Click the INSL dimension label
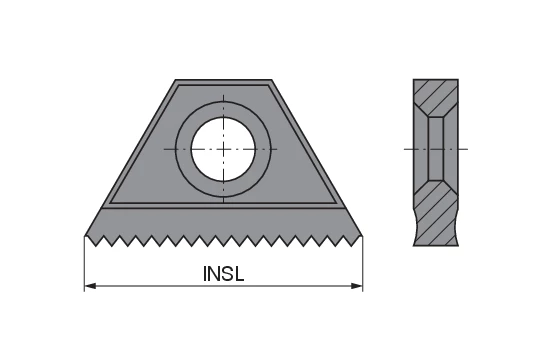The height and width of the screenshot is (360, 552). coord(223,273)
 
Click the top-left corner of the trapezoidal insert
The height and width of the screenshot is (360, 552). coord(176,81)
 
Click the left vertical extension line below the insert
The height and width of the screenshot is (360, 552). coord(84,265)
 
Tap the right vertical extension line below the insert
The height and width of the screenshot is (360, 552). coord(363,265)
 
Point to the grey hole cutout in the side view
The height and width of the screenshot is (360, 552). coord(438,149)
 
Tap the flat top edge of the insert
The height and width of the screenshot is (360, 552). coord(223,80)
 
